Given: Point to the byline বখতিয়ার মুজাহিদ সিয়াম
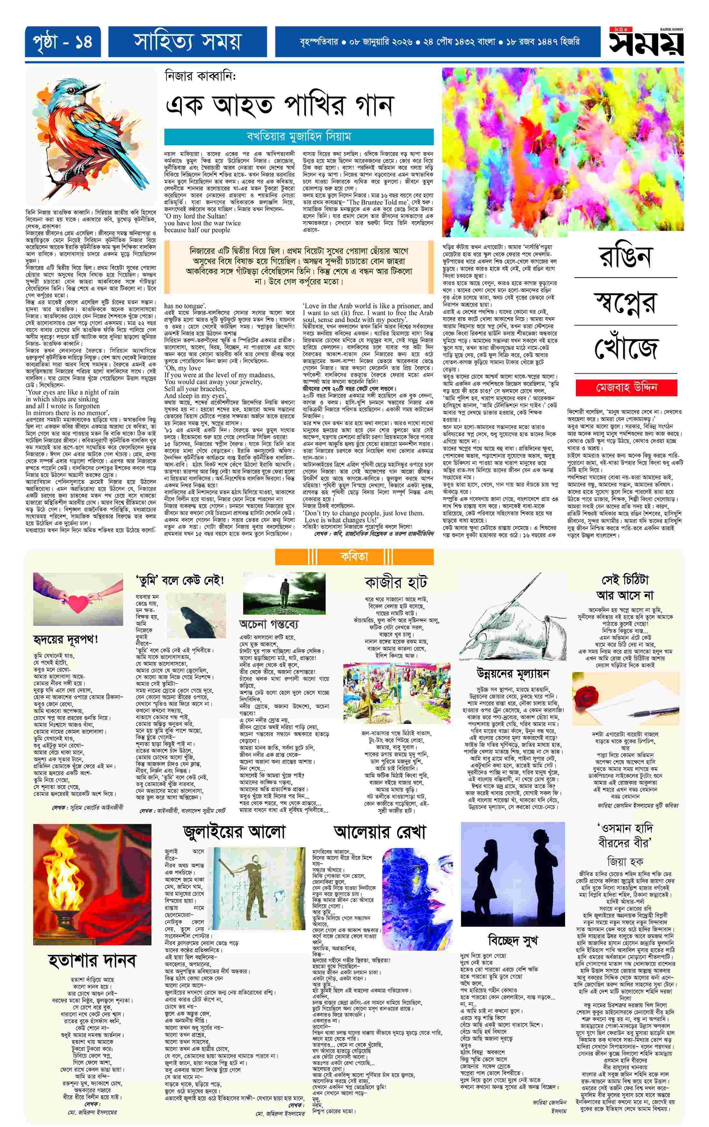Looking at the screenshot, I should tap(298, 137).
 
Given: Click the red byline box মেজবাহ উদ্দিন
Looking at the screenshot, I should tap(626, 387).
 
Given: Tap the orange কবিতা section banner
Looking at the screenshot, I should tap(354, 556).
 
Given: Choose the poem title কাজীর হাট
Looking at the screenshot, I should tap(396, 583).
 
